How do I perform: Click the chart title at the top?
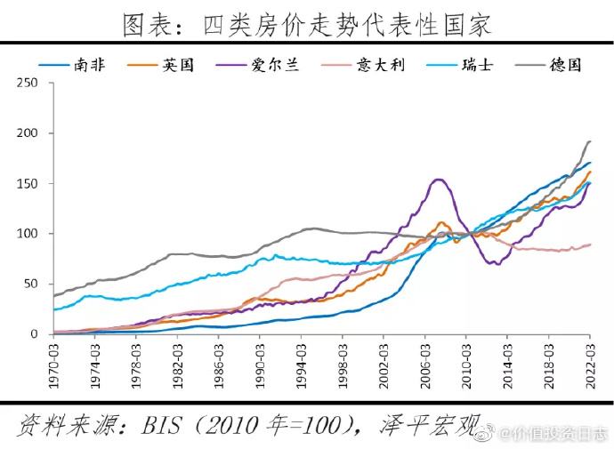pyautogui.click(x=307, y=24)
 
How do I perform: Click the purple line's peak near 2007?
pyautogui.click(x=438, y=180)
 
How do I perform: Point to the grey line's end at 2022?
pyautogui.click(x=589, y=141)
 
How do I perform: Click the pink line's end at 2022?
pyautogui.click(x=589, y=245)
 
